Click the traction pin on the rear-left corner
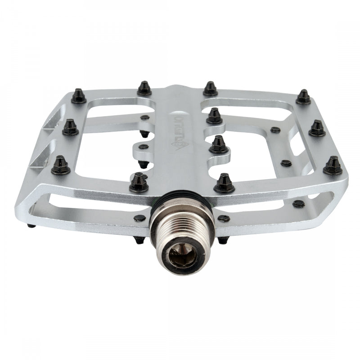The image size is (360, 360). pyautogui.click(x=79, y=95)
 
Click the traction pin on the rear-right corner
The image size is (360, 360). pyautogui.click(x=303, y=96)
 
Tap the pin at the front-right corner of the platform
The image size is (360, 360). pyautogui.click(x=333, y=165)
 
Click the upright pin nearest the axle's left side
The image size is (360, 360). pyautogui.click(x=139, y=183)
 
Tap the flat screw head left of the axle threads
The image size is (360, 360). pyautogui.click(x=140, y=218)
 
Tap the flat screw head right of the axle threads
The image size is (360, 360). pyautogui.click(x=224, y=218)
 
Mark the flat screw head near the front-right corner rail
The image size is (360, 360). pyautogui.click(x=298, y=204)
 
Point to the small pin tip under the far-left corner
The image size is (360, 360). pyautogui.click(x=30, y=225)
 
